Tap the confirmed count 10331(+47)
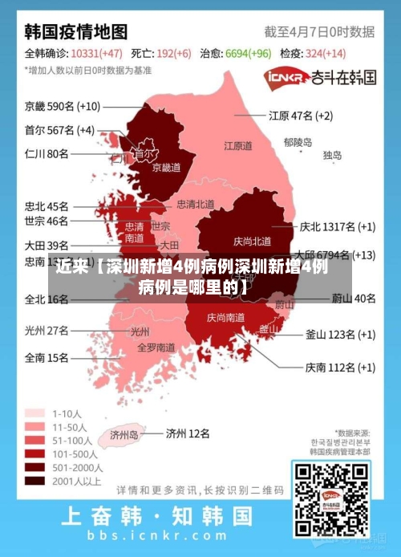[x=96, y=54]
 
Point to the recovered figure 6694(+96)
[x=249, y=54]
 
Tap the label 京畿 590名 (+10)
[x=63, y=106]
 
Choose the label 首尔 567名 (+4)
[x=59, y=130]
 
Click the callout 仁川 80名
[x=47, y=153]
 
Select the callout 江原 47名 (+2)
[x=301, y=116]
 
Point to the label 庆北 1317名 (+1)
[x=337, y=226]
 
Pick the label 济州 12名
[x=188, y=433]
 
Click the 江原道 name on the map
[x=237, y=146]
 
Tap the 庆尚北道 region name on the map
[x=252, y=241]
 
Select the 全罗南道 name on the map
[x=156, y=348]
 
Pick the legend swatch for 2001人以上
[x=34, y=481]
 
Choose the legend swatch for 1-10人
[x=34, y=413]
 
